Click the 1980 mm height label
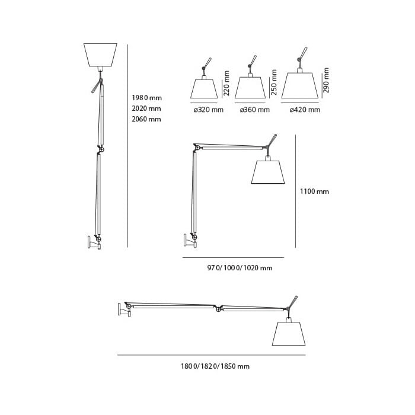click(146, 98)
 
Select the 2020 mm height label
click(146, 108)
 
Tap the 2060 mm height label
click(146, 119)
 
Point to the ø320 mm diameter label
click(209, 110)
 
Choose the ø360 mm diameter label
click(255, 110)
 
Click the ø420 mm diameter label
click(305, 110)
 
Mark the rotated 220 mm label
click(226, 83)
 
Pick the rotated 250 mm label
click(274, 82)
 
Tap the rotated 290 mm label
click(326, 80)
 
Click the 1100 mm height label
click(314, 191)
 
